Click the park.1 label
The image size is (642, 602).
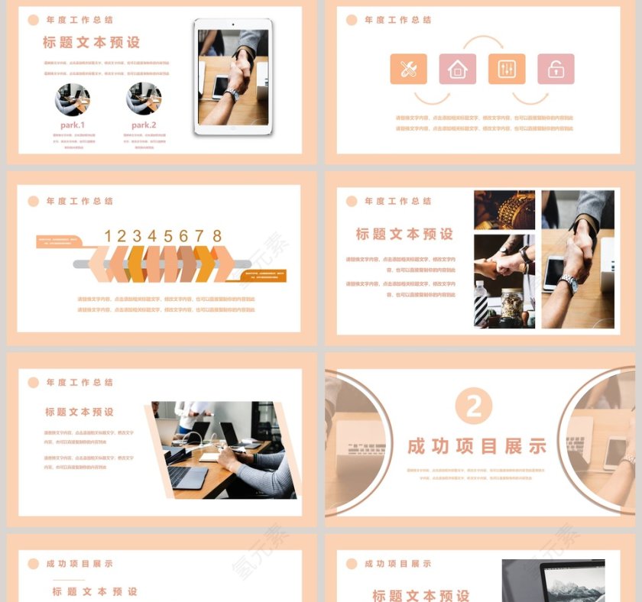73,125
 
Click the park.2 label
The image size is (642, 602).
144,125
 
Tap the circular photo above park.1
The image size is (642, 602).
73,99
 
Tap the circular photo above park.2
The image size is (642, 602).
144,99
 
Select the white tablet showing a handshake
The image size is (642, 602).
233,76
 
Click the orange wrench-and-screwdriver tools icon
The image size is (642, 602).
408,70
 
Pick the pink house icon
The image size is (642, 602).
457,70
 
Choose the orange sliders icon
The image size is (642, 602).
507,70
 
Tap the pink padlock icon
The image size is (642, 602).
556,70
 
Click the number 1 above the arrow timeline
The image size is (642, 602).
109,236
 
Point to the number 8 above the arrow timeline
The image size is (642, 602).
217,236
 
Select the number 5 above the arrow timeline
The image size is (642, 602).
168,236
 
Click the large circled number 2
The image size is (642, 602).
474,406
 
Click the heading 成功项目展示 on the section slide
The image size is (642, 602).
477,446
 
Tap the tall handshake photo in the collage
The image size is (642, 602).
578,259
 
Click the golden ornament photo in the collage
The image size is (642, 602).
504,210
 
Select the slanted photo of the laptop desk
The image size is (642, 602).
222,450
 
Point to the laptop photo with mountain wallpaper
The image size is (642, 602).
553,581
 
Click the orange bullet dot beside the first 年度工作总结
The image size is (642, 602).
34,20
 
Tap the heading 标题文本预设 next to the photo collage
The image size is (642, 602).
404,234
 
